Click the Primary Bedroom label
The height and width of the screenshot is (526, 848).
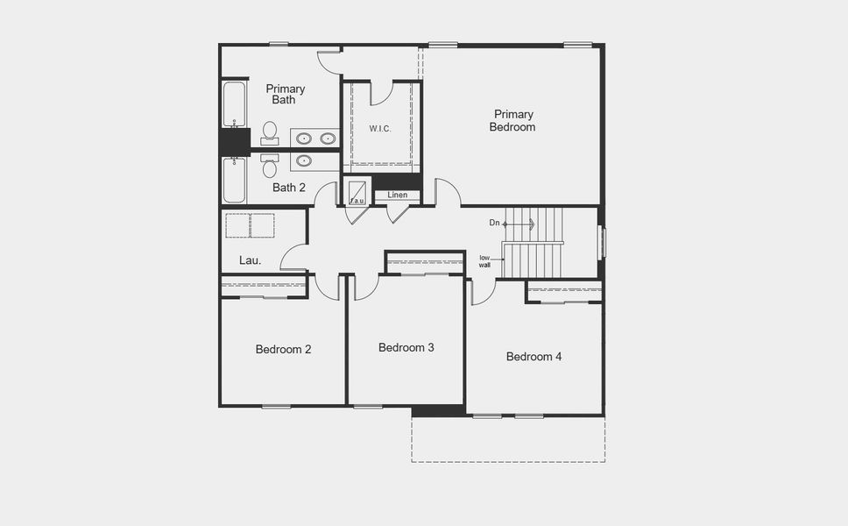click(x=513, y=120)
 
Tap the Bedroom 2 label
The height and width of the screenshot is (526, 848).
click(x=283, y=349)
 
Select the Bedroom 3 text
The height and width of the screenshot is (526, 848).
click(x=406, y=347)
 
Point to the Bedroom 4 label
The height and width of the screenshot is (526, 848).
click(x=534, y=357)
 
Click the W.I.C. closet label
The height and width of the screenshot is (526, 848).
click(x=379, y=129)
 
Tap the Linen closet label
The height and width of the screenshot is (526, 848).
click(x=398, y=195)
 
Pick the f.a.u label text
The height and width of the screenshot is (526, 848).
click(x=357, y=201)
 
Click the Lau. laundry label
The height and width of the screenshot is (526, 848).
click(x=251, y=259)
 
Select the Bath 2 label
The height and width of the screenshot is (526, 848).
click(x=288, y=187)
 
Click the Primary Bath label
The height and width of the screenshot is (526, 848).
click(x=286, y=94)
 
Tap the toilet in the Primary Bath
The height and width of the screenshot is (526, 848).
click(x=269, y=132)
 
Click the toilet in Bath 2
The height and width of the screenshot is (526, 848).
click(x=269, y=164)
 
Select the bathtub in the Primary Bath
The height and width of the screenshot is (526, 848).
click(x=234, y=104)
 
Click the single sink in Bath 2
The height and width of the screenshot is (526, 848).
click(x=305, y=160)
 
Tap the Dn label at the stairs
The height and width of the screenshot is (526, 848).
click(x=494, y=224)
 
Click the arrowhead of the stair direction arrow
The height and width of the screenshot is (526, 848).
click(x=531, y=224)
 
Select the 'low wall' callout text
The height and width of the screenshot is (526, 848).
click(x=484, y=260)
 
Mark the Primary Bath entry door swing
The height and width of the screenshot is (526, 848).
click(x=329, y=61)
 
